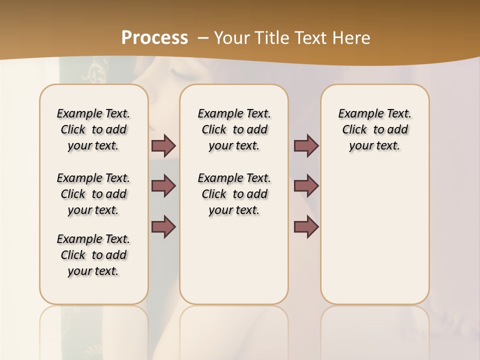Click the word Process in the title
tap(154, 38)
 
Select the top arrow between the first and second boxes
tap(163, 145)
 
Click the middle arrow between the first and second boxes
tap(163, 186)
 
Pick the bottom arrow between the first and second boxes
tap(163, 226)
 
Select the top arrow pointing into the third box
tap(306, 145)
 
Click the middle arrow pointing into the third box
tap(306, 186)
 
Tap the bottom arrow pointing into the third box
tap(306, 226)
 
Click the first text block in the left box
tap(93, 129)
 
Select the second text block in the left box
tap(93, 194)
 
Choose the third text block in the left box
tap(93, 255)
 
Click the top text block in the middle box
tap(234, 129)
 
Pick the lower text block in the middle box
tap(234, 194)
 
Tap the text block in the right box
tap(374, 129)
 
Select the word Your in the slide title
tap(231, 38)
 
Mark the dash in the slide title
tap(203, 38)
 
